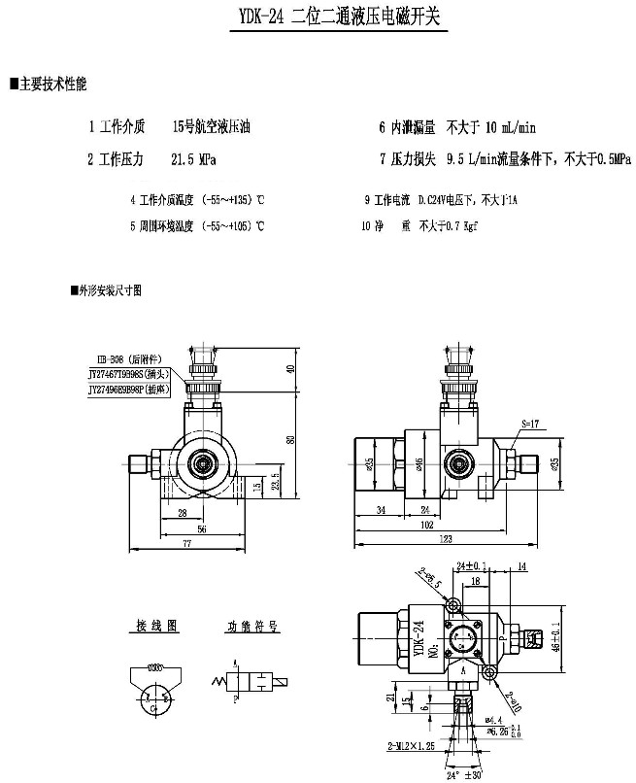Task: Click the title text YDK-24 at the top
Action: coord(258,17)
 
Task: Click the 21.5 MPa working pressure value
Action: coord(193,158)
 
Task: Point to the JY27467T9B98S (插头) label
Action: coord(129,373)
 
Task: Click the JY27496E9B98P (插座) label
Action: coord(129,388)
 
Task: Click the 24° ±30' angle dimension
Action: coord(467,776)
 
